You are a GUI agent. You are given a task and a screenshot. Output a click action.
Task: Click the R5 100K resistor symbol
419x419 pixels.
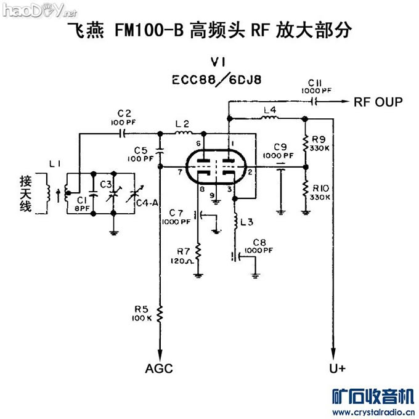click(160, 315)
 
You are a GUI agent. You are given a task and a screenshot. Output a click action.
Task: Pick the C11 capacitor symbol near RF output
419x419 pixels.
click(315, 102)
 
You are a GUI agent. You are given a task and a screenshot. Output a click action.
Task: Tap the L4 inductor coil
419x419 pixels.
click(270, 116)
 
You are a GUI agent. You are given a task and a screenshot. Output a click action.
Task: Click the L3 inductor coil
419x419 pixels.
click(237, 220)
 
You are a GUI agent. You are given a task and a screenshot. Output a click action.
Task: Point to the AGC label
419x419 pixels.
click(159, 368)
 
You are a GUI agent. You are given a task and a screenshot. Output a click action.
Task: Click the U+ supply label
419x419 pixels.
click(338, 368)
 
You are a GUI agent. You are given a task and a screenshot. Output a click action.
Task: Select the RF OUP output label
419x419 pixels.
click(378, 102)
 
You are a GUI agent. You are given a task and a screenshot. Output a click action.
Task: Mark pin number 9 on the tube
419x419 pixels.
click(211, 196)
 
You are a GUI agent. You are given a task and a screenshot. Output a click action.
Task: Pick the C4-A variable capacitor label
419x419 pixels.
click(147, 203)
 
